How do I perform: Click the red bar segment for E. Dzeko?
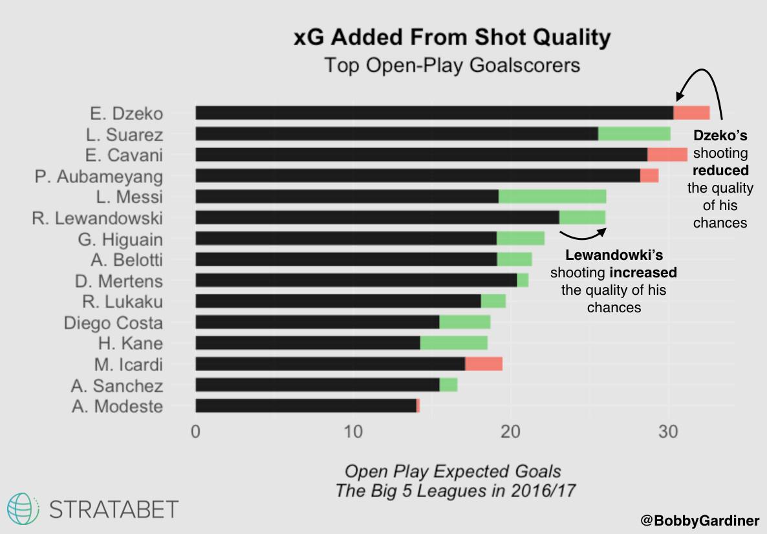(x=691, y=113)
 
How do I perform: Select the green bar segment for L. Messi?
(x=552, y=197)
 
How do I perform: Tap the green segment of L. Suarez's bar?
(x=634, y=134)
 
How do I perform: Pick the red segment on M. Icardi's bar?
(x=484, y=364)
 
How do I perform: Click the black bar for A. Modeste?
(x=305, y=406)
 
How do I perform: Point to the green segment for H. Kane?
(x=453, y=343)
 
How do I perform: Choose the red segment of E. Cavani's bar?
(x=667, y=155)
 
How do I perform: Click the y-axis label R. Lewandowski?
(x=97, y=218)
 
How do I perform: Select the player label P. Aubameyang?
(x=99, y=176)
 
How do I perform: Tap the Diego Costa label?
(x=113, y=323)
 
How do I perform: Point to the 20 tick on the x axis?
(x=510, y=431)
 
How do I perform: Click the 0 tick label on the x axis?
(x=195, y=431)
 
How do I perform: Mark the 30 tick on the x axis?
(x=668, y=431)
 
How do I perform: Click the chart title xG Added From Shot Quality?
(x=452, y=38)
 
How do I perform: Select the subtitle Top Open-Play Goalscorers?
(x=452, y=65)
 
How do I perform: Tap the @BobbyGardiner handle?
(x=700, y=520)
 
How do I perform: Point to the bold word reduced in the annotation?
(x=720, y=171)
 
